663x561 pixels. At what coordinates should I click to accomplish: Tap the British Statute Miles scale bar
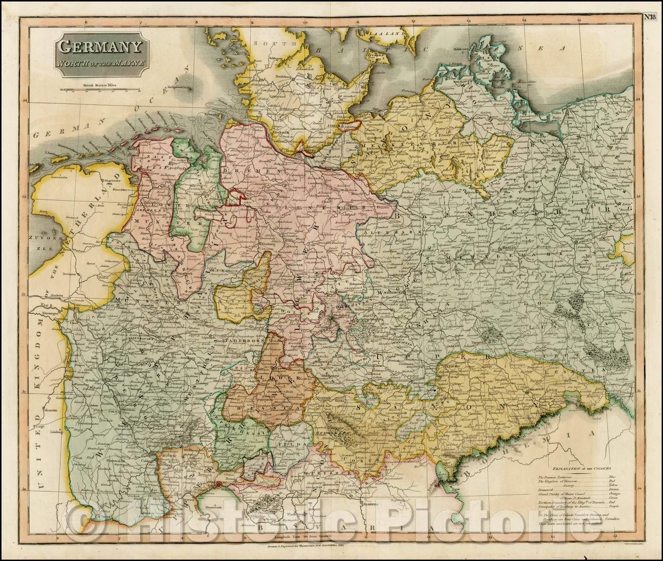pyautogui.click(x=100, y=89)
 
